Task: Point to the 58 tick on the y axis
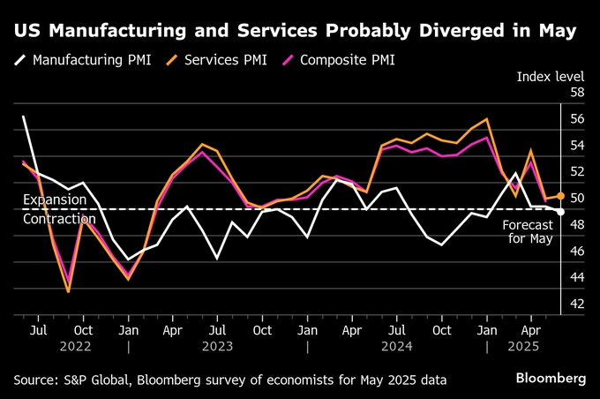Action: click(x=577, y=93)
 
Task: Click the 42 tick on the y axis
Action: click(x=577, y=304)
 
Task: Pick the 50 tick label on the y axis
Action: click(x=577, y=199)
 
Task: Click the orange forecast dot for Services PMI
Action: click(x=561, y=195)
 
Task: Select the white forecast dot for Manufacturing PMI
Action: click(x=561, y=211)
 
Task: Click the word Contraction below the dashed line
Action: click(x=59, y=219)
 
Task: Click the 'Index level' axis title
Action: click(x=551, y=77)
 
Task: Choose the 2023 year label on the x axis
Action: click(x=218, y=347)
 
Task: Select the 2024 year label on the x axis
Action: click(x=397, y=347)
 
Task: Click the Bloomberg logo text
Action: click(x=551, y=378)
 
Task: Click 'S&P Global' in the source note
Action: click(x=94, y=380)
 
